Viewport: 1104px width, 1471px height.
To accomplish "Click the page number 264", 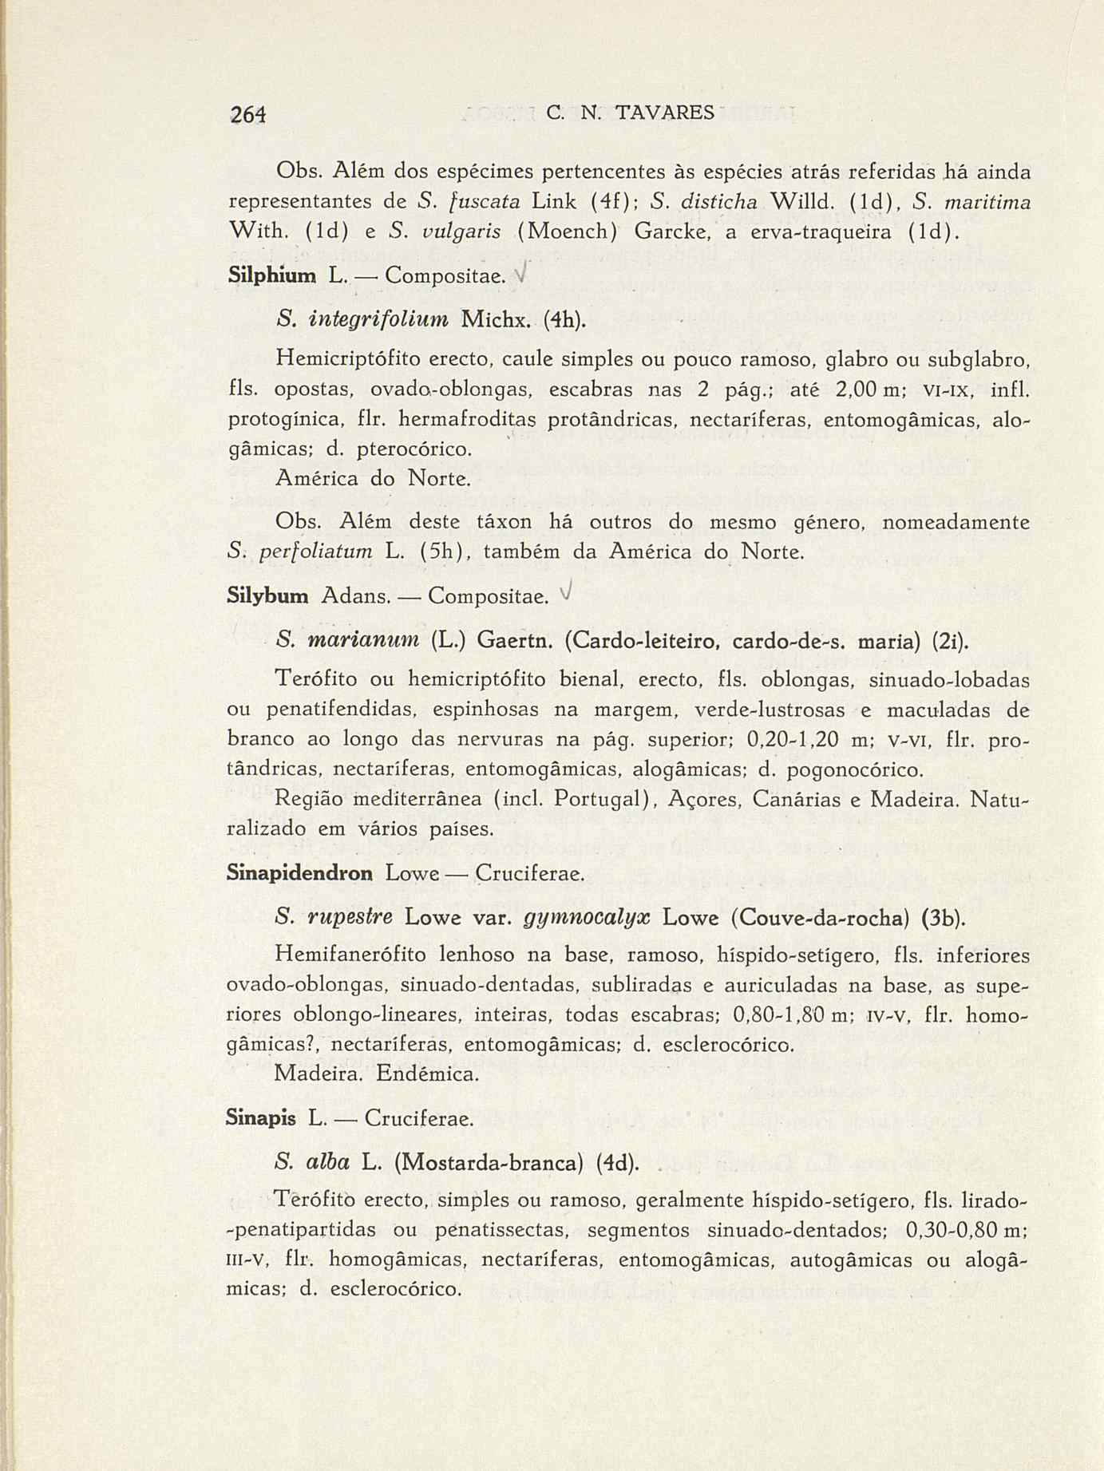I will [x=247, y=113].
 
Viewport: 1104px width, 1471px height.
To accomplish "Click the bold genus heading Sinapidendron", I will [x=300, y=873].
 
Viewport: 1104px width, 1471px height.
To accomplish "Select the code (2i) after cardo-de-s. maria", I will [x=949, y=640].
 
